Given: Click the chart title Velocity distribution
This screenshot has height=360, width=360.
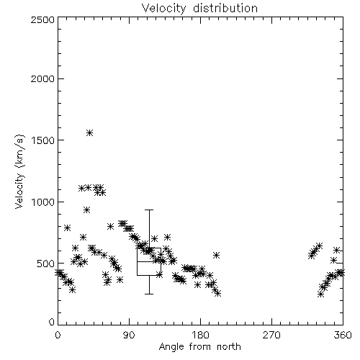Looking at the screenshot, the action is point(199,8).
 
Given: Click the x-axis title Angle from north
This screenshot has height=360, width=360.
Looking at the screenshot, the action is point(199,346).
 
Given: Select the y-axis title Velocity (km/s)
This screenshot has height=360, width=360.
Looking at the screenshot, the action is point(19,171).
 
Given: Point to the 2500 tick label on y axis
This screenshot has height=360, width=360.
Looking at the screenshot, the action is point(42,19).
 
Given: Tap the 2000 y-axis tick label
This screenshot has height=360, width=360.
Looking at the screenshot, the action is point(42,78).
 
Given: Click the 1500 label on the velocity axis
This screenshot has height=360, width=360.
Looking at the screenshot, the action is point(43,140).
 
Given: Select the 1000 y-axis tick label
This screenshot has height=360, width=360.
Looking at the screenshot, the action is point(43,202).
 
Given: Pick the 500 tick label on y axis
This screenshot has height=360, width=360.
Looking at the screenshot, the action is point(46,264).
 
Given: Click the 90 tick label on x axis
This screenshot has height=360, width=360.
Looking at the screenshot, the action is point(129,335).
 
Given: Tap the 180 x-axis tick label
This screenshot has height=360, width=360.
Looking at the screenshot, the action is point(200,335).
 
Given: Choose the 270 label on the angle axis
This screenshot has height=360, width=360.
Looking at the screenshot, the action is point(271,335).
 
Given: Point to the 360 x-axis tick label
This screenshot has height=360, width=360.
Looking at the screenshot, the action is point(343,335).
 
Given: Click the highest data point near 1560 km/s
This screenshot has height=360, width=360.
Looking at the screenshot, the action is point(89,132).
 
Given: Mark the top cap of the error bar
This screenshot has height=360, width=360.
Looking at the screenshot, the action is point(149,210).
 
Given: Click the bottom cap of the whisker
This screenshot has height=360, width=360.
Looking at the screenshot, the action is point(149,294).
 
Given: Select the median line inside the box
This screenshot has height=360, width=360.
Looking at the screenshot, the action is point(149,261).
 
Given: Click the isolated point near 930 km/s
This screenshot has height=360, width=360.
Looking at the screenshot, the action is point(87,210).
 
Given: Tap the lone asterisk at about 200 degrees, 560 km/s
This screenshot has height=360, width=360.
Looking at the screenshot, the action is point(217,256).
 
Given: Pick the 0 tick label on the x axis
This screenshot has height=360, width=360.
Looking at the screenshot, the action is point(58,335).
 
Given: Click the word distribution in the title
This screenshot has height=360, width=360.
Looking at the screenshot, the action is point(225,8).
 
